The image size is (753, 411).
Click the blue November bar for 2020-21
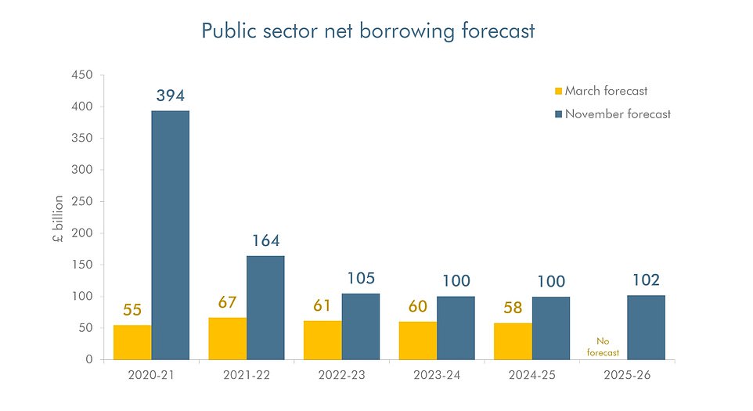pos(170,235)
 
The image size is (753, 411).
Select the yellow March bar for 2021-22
pos(227,338)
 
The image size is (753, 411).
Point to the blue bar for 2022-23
pos(360,326)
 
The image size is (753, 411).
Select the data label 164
pos(266,240)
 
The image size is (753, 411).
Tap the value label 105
pos(361,278)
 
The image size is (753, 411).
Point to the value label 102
pos(645,280)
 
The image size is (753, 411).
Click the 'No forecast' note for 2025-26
pos(603,347)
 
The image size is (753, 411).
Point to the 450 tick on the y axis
pos(82,75)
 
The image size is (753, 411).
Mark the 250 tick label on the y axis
pos(82,201)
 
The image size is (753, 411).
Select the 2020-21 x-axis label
pos(150,375)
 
